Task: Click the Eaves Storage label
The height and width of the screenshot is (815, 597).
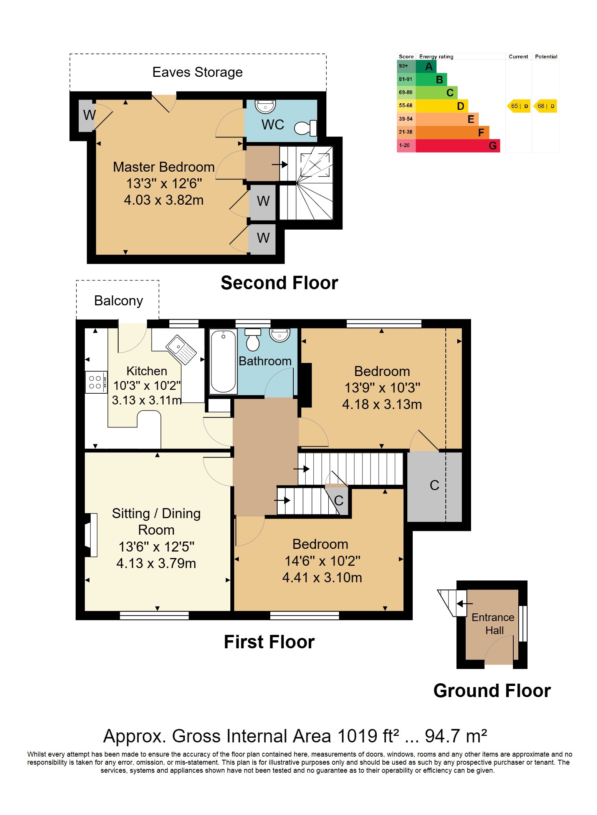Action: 197,72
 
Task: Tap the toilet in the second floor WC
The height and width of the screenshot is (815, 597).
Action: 306,128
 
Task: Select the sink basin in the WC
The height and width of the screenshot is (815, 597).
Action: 265,106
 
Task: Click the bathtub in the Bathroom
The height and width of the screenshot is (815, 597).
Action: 223,361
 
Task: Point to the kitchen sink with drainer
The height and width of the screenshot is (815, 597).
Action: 181,350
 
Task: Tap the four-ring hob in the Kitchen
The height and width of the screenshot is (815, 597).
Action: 96,382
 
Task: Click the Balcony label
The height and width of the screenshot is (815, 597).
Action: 119,301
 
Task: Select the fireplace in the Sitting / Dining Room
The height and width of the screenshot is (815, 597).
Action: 91,535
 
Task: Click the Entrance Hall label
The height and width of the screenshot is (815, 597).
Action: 493,624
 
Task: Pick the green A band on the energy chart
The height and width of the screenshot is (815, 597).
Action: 426,66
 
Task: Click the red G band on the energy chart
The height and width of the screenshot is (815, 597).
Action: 458,146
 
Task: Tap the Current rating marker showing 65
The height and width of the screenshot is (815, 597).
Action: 519,106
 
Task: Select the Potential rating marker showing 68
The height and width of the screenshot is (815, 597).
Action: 545,106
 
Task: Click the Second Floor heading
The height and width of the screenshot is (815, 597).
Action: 279,283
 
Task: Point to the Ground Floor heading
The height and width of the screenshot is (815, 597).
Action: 492,691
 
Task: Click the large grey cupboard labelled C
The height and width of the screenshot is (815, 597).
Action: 435,486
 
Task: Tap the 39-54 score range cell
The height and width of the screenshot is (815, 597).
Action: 406,119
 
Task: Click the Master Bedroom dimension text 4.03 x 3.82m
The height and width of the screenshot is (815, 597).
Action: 164,200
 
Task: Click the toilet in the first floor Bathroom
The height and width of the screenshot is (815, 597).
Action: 253,340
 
